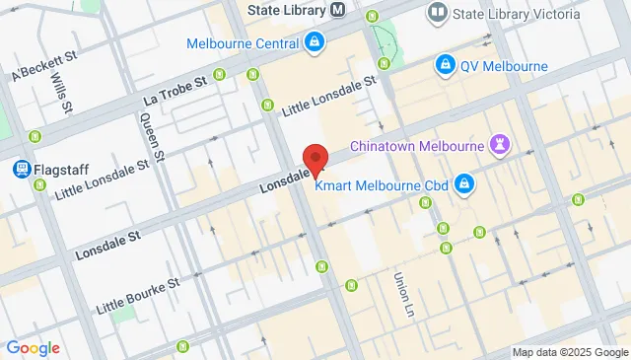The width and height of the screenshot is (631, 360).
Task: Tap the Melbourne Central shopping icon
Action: click(x=314, y=42)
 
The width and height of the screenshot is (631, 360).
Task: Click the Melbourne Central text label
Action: click(x=243, y=44)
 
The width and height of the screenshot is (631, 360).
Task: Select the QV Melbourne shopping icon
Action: click(x=446, y=65)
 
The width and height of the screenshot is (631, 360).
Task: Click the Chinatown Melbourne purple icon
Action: click(x=501, y=146)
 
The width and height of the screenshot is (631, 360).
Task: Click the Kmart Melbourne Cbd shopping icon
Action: click(x=464, y=183)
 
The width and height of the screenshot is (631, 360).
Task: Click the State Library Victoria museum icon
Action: click(x=436, y=14)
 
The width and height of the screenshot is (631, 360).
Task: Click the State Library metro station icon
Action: click(x=338, y=11)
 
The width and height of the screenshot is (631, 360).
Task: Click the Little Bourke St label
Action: click(x=138, y=295)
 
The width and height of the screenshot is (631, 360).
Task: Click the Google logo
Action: click(x=33, y=348)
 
